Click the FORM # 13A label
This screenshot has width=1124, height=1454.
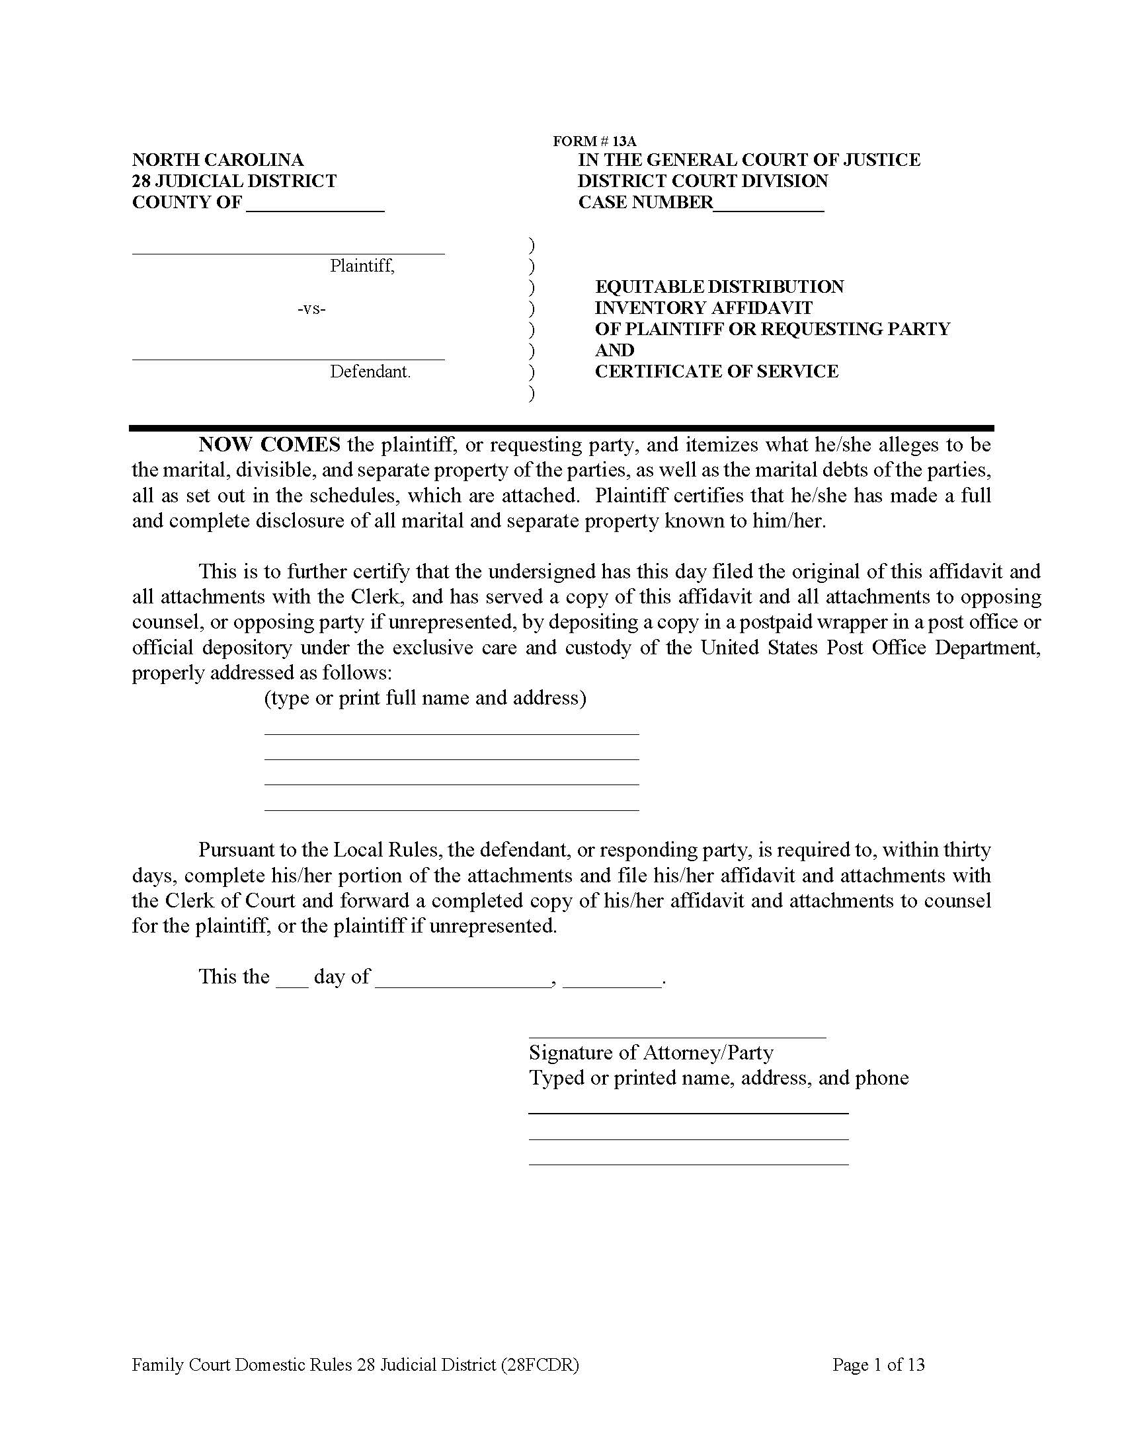(x=594, y=141)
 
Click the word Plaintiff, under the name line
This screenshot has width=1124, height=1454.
(x=362, y=266)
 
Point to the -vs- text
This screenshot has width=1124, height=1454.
(x=311, y=308)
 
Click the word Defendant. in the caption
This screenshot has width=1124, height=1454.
(x=370, y=371)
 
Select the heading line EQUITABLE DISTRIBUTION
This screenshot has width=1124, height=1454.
(x=719, y=287)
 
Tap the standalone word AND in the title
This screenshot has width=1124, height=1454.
(x=614, y=350)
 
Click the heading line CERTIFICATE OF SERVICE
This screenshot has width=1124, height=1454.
(x=717, y=371)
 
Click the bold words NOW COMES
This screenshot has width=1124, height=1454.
(x=270, y=444)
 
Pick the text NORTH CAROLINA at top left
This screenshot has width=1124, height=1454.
(x=218, y=160)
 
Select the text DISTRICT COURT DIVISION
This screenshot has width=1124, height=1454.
(x=702, y=181)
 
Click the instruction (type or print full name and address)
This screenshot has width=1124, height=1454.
(x=426, y=698)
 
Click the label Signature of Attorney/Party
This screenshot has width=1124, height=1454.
(x=651, y=1053)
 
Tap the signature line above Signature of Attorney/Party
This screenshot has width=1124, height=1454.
(x=676, y=1036)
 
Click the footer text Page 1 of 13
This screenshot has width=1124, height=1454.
(x=877, y=1365)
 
